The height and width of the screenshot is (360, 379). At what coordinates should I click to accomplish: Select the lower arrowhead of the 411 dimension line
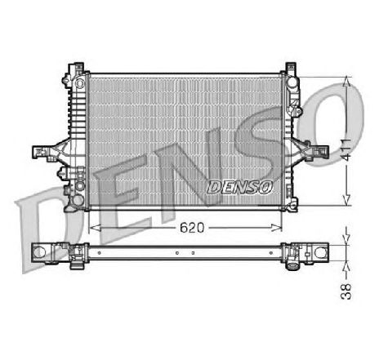pos(347,200)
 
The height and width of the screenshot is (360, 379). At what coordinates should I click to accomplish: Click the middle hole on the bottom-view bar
pos(176,253)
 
